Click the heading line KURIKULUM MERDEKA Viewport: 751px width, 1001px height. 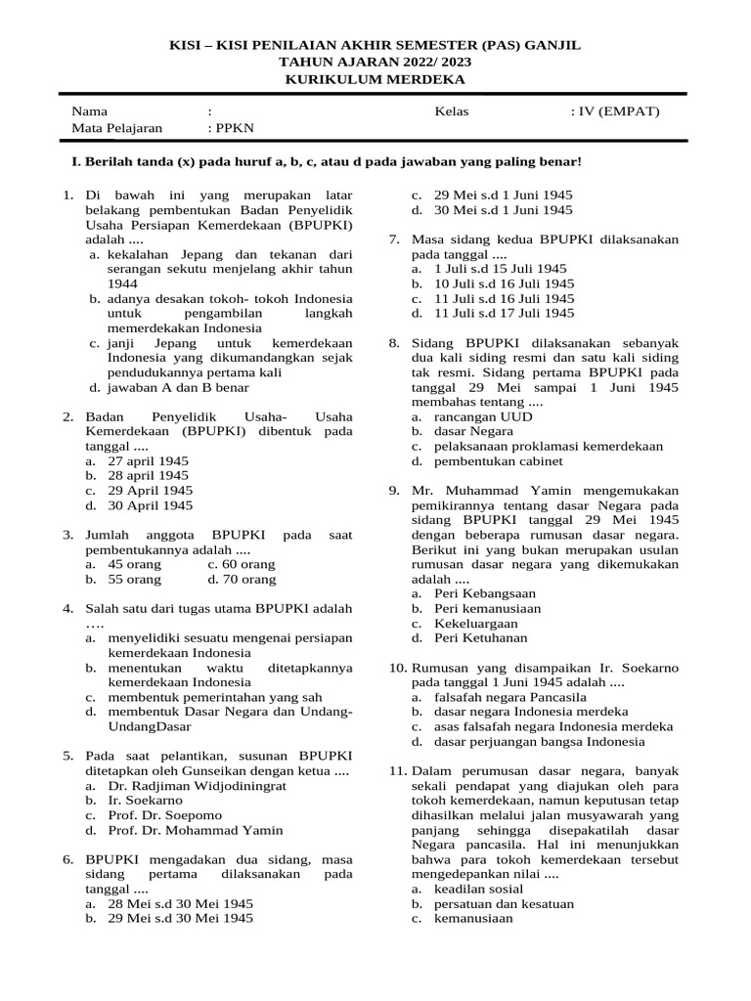[375, 78]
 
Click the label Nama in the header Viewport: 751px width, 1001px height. [90, 111]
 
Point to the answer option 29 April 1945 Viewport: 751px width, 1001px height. [150, 490]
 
